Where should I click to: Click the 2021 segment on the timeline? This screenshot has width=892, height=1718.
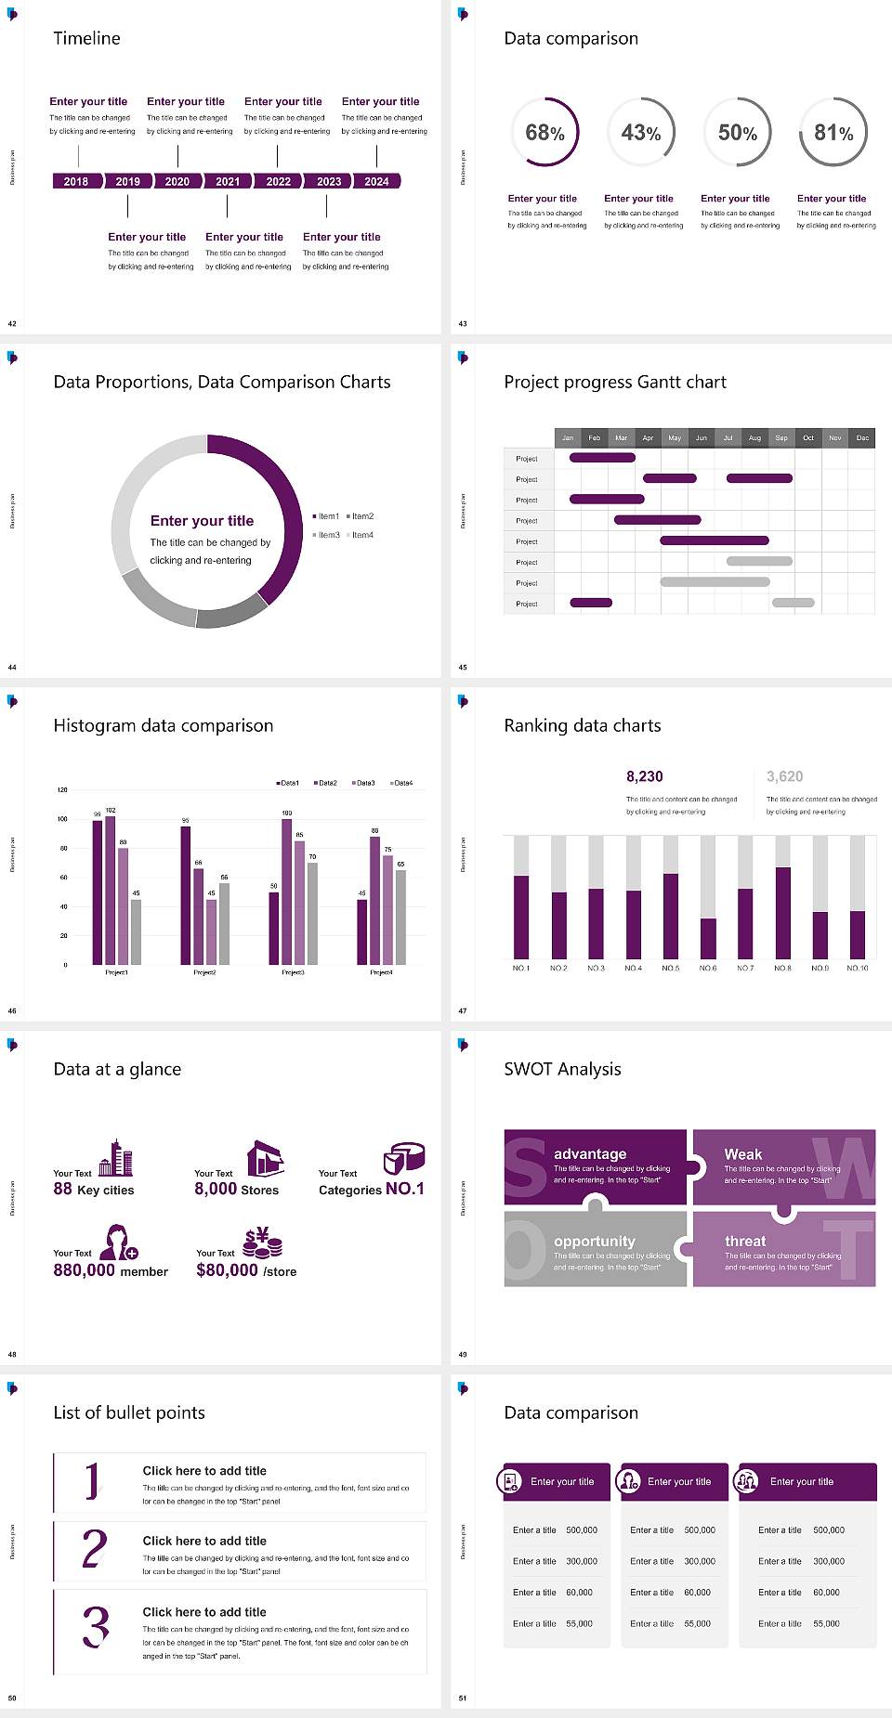click(x=228, y=181)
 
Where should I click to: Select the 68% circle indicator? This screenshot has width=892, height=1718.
click(x=544, y=132)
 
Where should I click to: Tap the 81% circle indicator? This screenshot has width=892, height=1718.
click(x=833, y=132)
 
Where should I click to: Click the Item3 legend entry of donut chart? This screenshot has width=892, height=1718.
click(x=326, y=535)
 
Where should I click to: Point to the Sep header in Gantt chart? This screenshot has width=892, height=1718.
click(x=781, y=437)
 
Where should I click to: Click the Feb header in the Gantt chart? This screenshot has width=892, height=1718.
click(x=595, y=437)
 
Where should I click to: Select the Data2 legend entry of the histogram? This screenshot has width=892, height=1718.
click(x=325, y=783)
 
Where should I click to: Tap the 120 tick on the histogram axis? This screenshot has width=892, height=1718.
click(x=62, y=789)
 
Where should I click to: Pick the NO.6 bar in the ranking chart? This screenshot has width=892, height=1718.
click(x=708, y=938)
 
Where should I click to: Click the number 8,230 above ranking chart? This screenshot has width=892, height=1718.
click(x=645, y=776)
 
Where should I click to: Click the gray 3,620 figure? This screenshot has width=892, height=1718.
click(x=784, y=776)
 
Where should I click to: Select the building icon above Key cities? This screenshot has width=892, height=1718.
click(x=116, y=1158)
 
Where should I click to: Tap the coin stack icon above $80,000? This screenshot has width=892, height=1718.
click(x=263, y=1242)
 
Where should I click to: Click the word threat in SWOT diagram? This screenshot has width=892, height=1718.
click(x=745, y=1241)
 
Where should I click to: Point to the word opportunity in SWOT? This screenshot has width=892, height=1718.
click(x=595, y=1241)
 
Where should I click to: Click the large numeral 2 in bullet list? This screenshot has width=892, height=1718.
click(x=94, y=1549)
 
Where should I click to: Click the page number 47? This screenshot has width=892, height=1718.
click(x=463, y=1010)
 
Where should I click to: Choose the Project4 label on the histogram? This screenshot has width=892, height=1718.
click(x=381, y=972)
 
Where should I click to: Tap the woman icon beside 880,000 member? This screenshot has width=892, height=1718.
click(x=119, y=1242)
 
